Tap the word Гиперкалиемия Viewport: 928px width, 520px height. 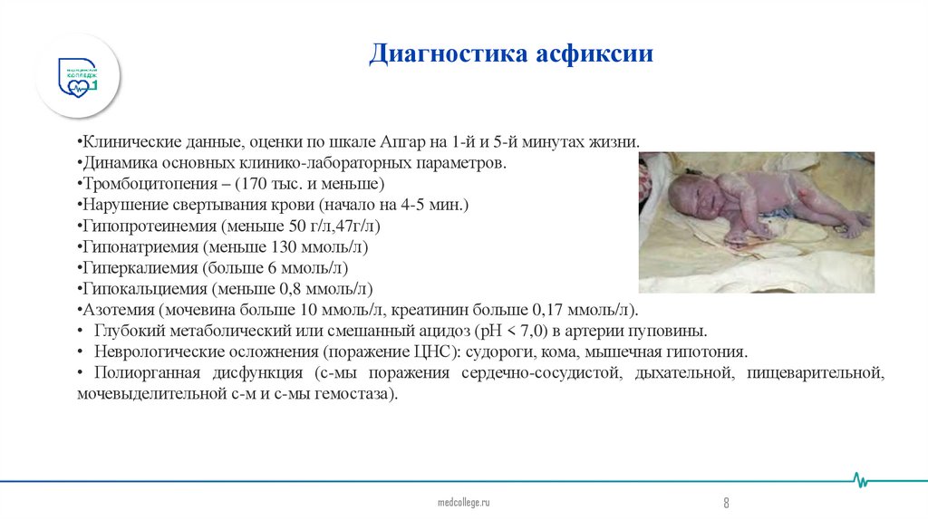(130, 268)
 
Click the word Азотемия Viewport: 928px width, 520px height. (113, 310)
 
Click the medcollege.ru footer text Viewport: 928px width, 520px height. (463, 502)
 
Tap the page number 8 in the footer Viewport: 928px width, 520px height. (726, 503)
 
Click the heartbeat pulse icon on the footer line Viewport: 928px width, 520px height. (862, 481)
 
